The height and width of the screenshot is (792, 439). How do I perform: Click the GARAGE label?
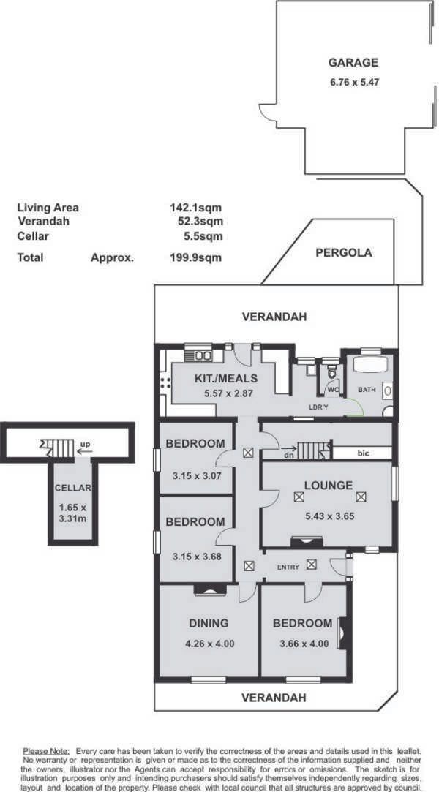pyautogui.click(x=353, y=63)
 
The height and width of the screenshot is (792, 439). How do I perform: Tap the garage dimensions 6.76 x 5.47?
pyautogui.click(x=353, y=81)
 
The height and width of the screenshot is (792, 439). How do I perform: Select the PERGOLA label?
pyautogui.click(x=344, y=252)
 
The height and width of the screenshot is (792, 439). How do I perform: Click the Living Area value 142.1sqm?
pyautogui.click(x=195, y=207)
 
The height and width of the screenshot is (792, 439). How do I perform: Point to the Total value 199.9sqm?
pyautogui.click(x=195, y=257)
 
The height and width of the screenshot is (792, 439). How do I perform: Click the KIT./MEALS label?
pyautogui.click(x=226, y=378)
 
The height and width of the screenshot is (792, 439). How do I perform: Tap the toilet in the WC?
pyautogui.click(x=331, y=373)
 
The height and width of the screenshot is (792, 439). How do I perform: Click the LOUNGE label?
pyautogui.click(x=328, y=486)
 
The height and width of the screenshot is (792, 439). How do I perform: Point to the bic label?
pyautogui.click(x=363, y=453)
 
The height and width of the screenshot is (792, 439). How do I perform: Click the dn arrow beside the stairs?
pyautogui.click(x=289, y=448)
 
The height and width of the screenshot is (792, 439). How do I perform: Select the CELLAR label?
pyautogui.click(x=73, y=488)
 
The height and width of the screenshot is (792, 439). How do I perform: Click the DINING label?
pyautogui.click(x=209, y=623)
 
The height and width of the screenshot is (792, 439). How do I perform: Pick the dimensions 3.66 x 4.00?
pyautogui.click(x=303, y=644)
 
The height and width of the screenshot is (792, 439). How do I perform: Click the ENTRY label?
pyautogui.click(x=288, y=567)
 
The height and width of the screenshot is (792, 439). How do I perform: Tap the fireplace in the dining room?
pyautogui.click(x=210, y=589)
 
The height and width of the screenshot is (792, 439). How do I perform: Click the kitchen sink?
pyautogui.click(x=204, y=355)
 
